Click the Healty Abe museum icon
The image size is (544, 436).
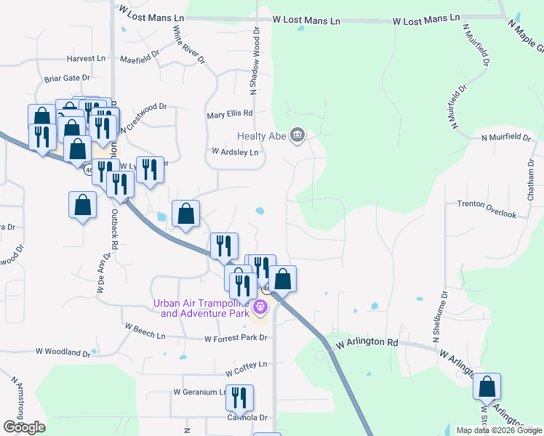(x=297, y=134)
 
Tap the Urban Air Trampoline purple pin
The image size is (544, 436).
(x=260, y=308)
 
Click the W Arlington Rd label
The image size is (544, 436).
(x=367, y=342)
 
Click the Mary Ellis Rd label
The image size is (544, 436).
(x=229, y=113)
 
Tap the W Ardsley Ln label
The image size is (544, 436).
(x=235, y=153)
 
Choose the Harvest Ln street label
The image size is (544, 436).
(x=86, y=58)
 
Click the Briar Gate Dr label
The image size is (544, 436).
(x=67, y=78)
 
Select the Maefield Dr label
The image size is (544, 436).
(x=140, y=58)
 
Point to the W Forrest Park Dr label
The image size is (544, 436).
(x=236, y=339)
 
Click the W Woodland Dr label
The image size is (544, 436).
(x=63, y=352)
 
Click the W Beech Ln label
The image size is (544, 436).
(x=145, y=331)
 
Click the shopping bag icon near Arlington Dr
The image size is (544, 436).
(x=487, y=388)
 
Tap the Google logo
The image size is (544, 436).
(x=24, y=427)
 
